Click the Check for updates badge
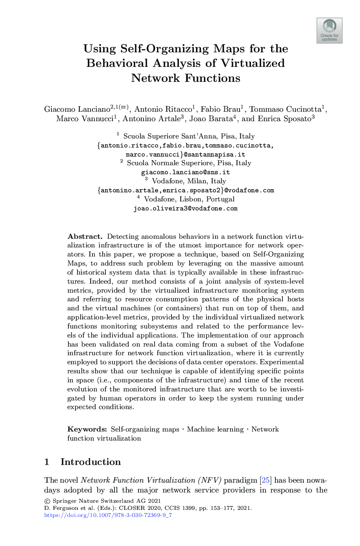329,30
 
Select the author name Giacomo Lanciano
77,109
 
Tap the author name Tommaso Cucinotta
285,109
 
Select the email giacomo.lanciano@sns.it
185,172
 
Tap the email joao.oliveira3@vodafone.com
185,208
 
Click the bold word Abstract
85,236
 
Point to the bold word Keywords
87,429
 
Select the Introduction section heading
90,462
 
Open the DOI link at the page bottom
108,515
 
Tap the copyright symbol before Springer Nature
48,501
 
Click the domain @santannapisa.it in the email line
214,155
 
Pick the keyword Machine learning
215,429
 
